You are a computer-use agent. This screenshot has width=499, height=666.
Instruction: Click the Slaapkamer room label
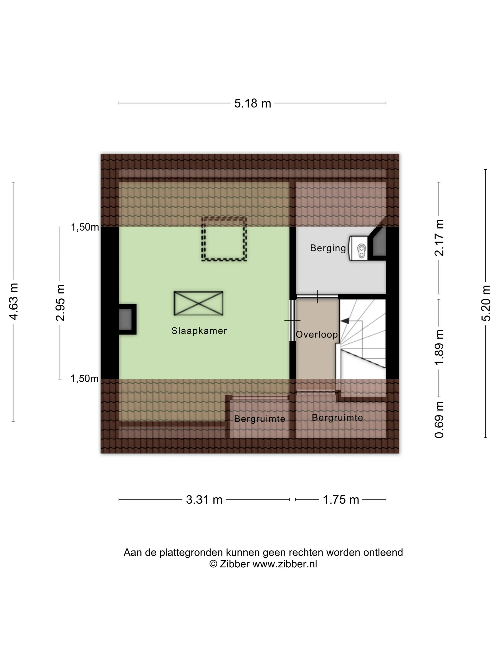tap(199, 331)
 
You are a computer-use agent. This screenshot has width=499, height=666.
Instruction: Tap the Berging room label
tap(328, 248)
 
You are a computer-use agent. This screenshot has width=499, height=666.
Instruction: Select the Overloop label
tap(317, 334)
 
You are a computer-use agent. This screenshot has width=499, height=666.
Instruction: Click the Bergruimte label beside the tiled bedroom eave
tap(259, 419)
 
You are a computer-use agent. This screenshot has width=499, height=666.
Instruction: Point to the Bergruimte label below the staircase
tap(337, 418)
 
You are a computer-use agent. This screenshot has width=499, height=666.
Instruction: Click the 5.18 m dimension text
tap(253, 103)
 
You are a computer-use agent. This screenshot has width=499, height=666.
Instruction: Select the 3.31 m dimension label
tap(204, 499)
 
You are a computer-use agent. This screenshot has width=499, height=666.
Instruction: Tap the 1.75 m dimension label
tap(341, 499)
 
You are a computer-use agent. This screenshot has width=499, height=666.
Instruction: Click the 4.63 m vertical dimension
tap(14, 301)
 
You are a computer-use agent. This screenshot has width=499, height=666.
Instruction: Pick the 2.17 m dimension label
tap(439, 238)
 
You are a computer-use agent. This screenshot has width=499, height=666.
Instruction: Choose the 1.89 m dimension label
tap(439, 347)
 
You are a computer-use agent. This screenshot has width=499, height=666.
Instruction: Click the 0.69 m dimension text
tap(439, 419)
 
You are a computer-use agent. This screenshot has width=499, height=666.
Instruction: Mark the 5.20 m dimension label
tap(486, 303)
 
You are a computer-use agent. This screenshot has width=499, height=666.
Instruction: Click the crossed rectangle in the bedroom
tap(198, 303)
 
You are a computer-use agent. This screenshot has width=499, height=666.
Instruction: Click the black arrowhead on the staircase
tap(345, 321)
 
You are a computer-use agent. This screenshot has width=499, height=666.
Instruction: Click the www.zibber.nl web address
tap(284, 564)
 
